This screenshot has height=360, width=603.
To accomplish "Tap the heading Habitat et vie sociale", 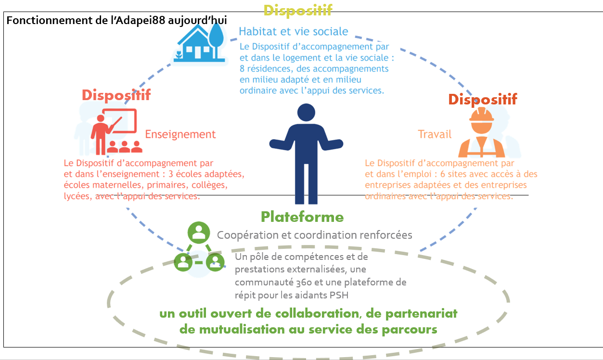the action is [x=294, y=31].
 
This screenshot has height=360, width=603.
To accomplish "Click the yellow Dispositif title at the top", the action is [x=298, y=10].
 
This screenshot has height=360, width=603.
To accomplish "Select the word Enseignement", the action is [x=180, y=134].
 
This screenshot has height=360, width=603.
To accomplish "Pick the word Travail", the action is [x=435, y=134].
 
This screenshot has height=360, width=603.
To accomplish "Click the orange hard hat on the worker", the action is [x=482, y=115].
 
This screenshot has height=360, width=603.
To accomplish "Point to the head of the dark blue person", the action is [x=306, y=113].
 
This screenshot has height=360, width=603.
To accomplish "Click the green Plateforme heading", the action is [x=302, y=217].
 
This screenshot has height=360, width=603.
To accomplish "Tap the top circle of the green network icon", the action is [x=199, y=232].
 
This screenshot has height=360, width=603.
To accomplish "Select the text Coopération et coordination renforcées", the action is [x=314, y=235].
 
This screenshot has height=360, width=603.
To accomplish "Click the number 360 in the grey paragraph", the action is [x=304, y=283].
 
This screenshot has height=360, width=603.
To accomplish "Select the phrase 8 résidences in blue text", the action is [x=266, y=69].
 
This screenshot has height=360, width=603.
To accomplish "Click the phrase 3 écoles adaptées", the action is [x=206, y=174].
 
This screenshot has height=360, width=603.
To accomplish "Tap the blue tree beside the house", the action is [x=216, y=40].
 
